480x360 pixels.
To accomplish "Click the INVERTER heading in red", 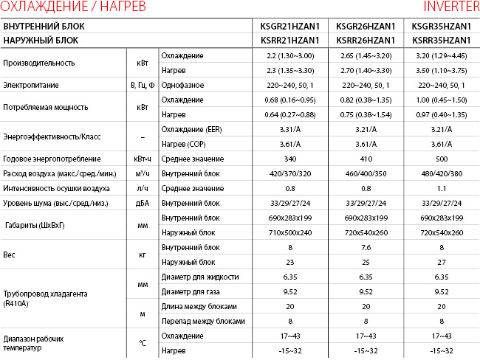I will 450,7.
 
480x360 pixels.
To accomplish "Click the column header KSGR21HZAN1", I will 289,25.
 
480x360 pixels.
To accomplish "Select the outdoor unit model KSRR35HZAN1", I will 440,39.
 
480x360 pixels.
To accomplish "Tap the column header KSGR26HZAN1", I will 365,25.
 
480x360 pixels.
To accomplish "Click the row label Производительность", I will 40,63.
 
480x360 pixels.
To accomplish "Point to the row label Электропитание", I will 31,86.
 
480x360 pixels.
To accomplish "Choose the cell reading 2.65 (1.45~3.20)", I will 365,56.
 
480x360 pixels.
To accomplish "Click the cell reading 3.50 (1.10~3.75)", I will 440,70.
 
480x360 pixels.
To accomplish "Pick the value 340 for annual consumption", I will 289,159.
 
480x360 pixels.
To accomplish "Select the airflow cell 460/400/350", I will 365,173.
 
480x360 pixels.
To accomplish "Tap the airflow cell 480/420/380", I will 440,173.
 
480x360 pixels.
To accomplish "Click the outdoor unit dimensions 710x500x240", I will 289,232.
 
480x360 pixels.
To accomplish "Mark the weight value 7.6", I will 365,247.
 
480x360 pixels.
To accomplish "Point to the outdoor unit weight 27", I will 440,262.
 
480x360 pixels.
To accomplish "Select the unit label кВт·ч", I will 143,159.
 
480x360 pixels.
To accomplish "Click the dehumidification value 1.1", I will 440,188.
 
